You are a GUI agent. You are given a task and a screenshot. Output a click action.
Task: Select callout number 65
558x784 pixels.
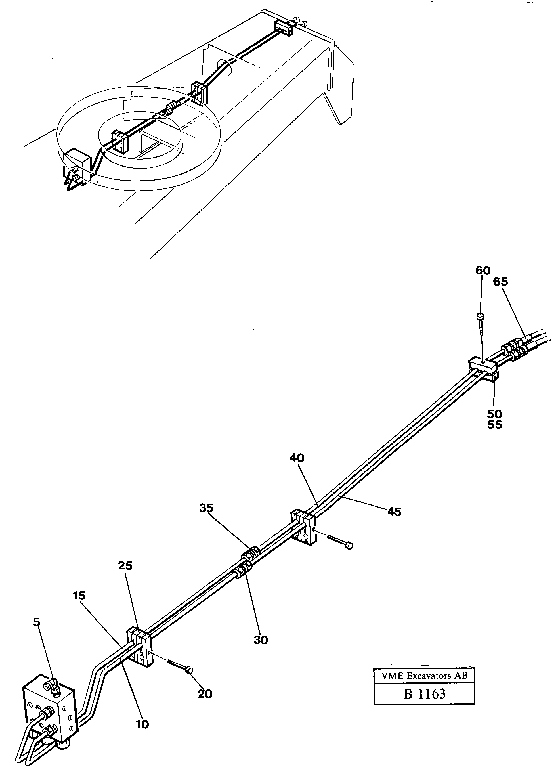(500, 282)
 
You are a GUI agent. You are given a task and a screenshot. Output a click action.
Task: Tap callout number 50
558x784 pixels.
(494, 414)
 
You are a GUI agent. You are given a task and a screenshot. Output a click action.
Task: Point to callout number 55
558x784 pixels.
(494, 425)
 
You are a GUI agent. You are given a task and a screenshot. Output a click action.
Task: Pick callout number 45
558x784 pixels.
(394, 512)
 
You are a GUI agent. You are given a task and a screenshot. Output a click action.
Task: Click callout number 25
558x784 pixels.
(125, 566)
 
